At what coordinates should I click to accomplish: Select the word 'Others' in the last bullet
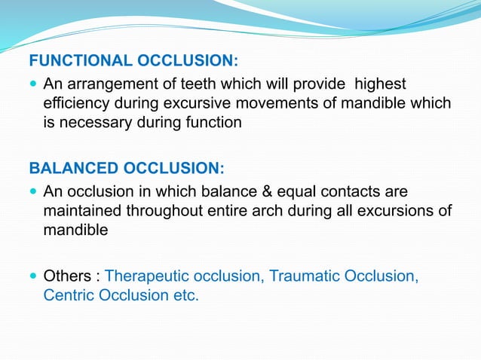67,276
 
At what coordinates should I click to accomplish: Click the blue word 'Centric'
69,295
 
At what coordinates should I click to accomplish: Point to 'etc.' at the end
185,295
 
